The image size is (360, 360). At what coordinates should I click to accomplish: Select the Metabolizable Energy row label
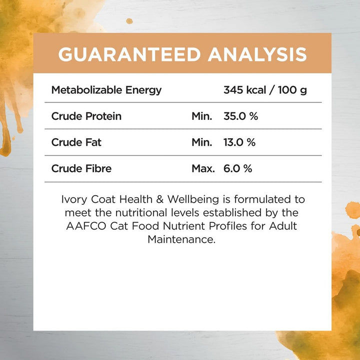pos(106,90)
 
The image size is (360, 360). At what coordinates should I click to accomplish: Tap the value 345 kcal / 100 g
pos(265,90)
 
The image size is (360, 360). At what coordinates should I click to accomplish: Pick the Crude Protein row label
pos(86,116)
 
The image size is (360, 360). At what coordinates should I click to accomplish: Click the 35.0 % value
pos(240,116)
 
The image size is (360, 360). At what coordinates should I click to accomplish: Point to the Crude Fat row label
pos(76,142)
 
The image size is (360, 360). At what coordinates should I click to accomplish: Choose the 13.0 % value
pos(239,142)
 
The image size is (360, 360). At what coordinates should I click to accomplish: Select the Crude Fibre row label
pos(81,168)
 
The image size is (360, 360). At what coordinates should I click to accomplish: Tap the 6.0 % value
pos(237,168)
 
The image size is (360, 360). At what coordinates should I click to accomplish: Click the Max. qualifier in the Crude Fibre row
pos(203,168)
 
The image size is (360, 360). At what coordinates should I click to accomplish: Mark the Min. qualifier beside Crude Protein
pos(202,116)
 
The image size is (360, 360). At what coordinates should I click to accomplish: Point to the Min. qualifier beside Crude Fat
pos(202,142)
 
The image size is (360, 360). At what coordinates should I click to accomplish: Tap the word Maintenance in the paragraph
pos(181,239)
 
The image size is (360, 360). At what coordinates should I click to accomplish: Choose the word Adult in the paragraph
pos(283,226)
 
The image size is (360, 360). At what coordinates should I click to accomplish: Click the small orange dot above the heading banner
pos(129,21)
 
